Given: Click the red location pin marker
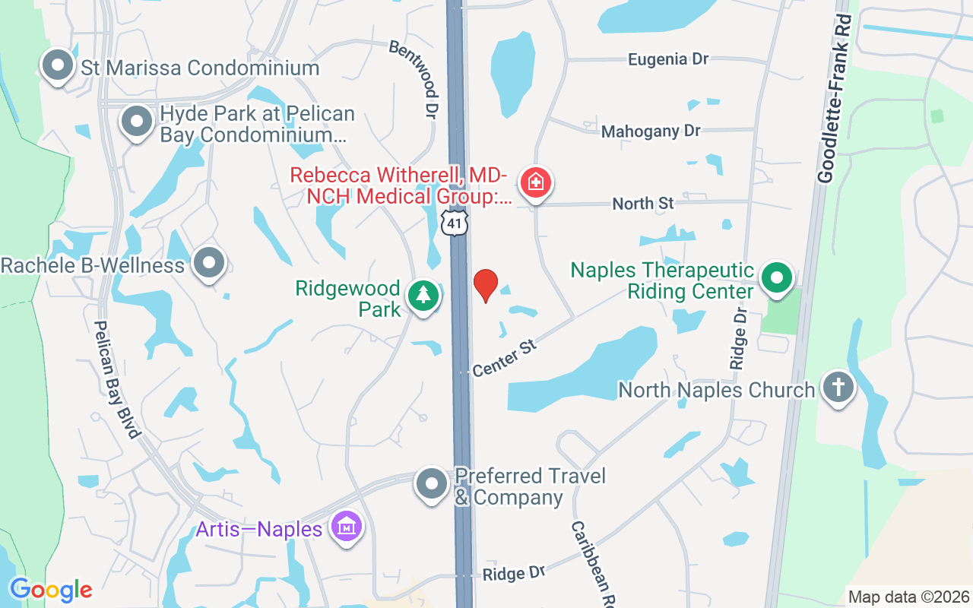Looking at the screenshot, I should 486,285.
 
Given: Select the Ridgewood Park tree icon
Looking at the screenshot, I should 423,295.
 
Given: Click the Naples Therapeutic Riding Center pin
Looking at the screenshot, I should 777,278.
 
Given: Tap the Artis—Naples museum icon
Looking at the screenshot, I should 346,526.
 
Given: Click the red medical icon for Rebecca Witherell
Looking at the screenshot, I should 536,183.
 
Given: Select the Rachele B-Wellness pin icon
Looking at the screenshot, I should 209,264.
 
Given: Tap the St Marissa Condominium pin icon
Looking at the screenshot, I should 59,65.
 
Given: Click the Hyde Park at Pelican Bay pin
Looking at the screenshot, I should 137,122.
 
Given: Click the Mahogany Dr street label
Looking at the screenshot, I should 650,131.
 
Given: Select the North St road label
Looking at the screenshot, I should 643,204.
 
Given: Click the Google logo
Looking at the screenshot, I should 51,590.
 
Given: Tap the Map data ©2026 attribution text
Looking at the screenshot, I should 908,597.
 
